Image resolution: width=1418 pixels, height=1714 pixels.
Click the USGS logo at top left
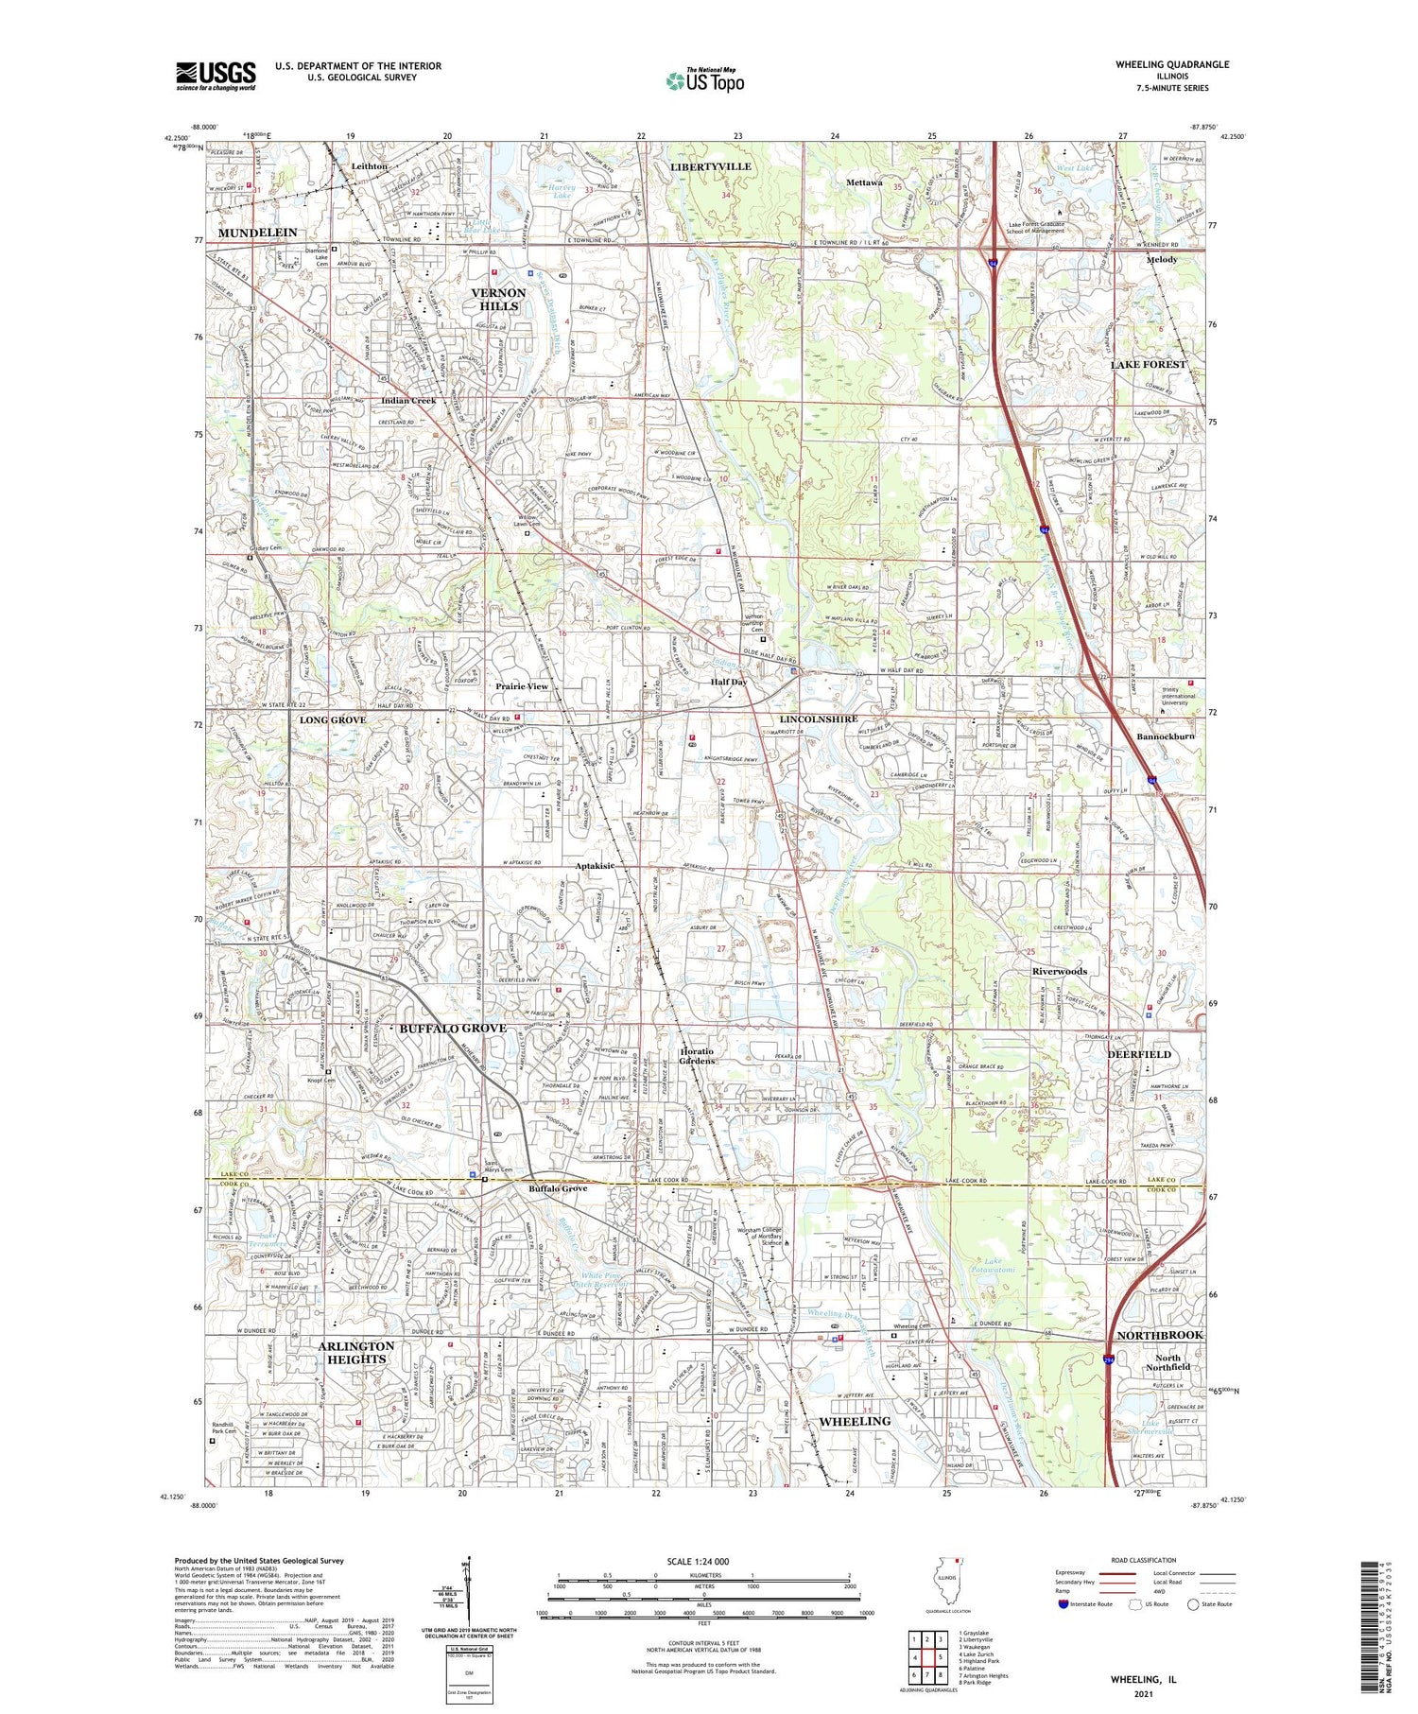point(216,76)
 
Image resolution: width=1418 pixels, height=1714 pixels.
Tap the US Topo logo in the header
point(704,81)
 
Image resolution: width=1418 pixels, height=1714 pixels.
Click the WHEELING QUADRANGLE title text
point(1172,64)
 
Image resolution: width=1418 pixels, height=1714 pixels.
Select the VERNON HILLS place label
point(498,300)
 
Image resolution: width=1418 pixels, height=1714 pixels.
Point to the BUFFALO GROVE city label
point(452,1028)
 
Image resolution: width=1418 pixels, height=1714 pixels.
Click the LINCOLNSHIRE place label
point(819,719)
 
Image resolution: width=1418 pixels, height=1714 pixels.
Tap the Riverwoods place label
point(1059,971)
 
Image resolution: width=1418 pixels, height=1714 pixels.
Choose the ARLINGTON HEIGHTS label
point(356,1352)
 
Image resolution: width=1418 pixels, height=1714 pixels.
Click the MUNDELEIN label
point(257,233)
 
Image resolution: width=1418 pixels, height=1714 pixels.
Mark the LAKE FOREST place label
point(1148,364)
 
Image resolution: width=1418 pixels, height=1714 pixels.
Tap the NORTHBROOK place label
point(1159,1335)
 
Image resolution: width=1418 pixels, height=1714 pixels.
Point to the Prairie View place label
point(522,686)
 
